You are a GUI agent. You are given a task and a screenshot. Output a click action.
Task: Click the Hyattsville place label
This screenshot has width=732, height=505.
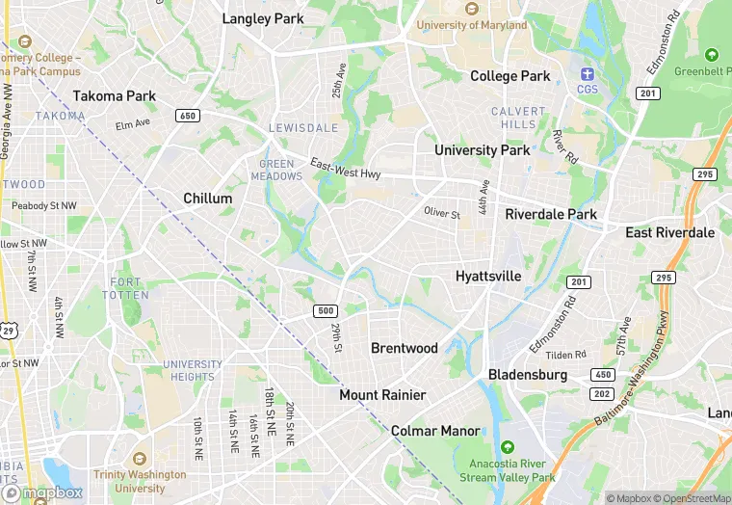pyautogui.click(x=487, y=277)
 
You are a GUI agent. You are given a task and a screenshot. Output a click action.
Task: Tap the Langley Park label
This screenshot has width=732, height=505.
pyautogui.click(x=262, y=18)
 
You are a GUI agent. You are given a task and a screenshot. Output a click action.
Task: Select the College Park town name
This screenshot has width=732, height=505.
pyautogui.click(x=510, y=76)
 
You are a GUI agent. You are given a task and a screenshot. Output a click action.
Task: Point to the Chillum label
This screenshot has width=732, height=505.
pyautogui.click(x=208, y=199)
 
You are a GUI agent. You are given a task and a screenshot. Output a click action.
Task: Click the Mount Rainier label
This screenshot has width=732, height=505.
pyautogui.click(x=382, y=395)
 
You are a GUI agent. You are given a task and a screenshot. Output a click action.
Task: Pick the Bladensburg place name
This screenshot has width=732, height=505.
pyautogui.click(x=528, y=374)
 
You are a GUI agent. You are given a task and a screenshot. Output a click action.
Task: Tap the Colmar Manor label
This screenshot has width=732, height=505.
pyautogui.click(x=435, y=431)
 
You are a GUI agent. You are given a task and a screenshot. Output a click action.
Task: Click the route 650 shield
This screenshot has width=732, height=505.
pyautogui.click(x=187, y=116)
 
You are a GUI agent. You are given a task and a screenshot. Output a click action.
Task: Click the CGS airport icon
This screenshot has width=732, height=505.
pyautogui.click(x=587, y=74)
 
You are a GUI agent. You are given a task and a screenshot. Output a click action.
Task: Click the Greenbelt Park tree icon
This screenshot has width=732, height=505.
pyautogui.click(x=712, y=55)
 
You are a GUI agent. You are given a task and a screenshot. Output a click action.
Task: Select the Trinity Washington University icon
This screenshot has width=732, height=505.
pyautogui.click(x=140, y=458)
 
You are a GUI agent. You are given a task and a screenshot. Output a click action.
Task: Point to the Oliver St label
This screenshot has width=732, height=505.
pyautogui.click(x=442, y=212)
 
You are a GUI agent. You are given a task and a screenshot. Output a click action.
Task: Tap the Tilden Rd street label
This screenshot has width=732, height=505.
pyautogui.click(x=566, y=355)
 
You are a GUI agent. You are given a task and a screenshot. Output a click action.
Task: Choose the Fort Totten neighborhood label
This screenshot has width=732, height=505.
pyautogui.click(x=125, y=288)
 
